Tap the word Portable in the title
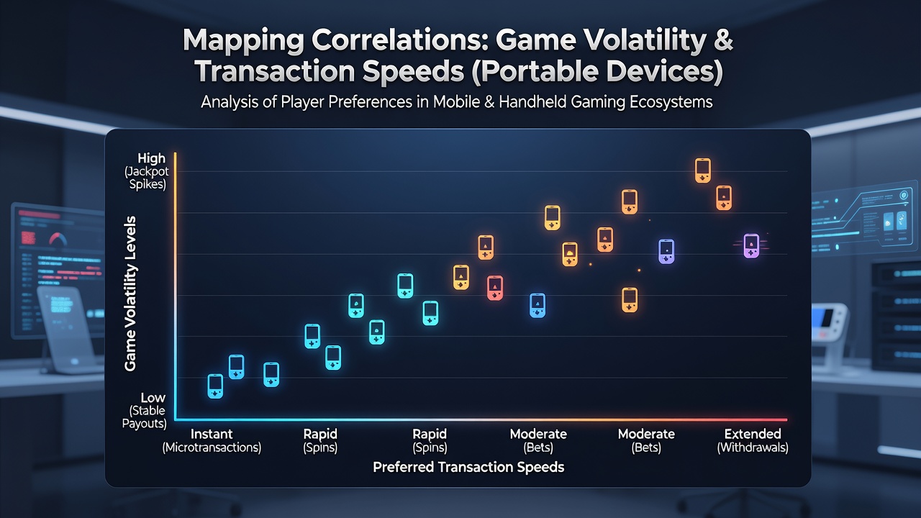tap(535, 71)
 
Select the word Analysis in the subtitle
tap(230, 102)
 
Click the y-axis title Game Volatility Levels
tap(130, 294)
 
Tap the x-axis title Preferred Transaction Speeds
tap(468, 467)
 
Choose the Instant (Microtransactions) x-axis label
tap(212, 440)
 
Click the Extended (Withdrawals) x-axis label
tap(753, 440)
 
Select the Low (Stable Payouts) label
tap(145, 410)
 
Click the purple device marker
tap(751, 246)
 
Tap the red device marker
tap(494, 288)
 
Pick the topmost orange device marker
tap(703, 171)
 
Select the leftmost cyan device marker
tap(215, 386)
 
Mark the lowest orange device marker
tap(630, 300)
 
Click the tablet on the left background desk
tap(65, 329)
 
